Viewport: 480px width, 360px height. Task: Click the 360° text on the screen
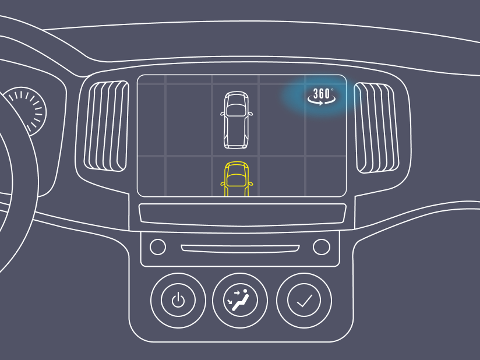coord(322,93)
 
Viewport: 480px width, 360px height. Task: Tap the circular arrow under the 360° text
coord(322,102)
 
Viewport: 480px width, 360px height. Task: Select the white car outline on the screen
coord(237,119)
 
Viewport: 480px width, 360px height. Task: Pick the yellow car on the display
coord(237,179)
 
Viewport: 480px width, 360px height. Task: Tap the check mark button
coord(304,301)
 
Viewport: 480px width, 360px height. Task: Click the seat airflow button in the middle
coord(240,301)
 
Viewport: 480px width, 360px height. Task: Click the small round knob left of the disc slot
coord(158,247)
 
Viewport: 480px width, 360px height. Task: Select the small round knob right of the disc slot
coord(322,247)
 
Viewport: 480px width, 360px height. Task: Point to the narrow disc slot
coord(240,249)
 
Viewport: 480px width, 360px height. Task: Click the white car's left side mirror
coord(223,114)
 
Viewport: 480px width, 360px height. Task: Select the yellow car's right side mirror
coord(250,183)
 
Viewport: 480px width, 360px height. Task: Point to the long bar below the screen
coord(242,214)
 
